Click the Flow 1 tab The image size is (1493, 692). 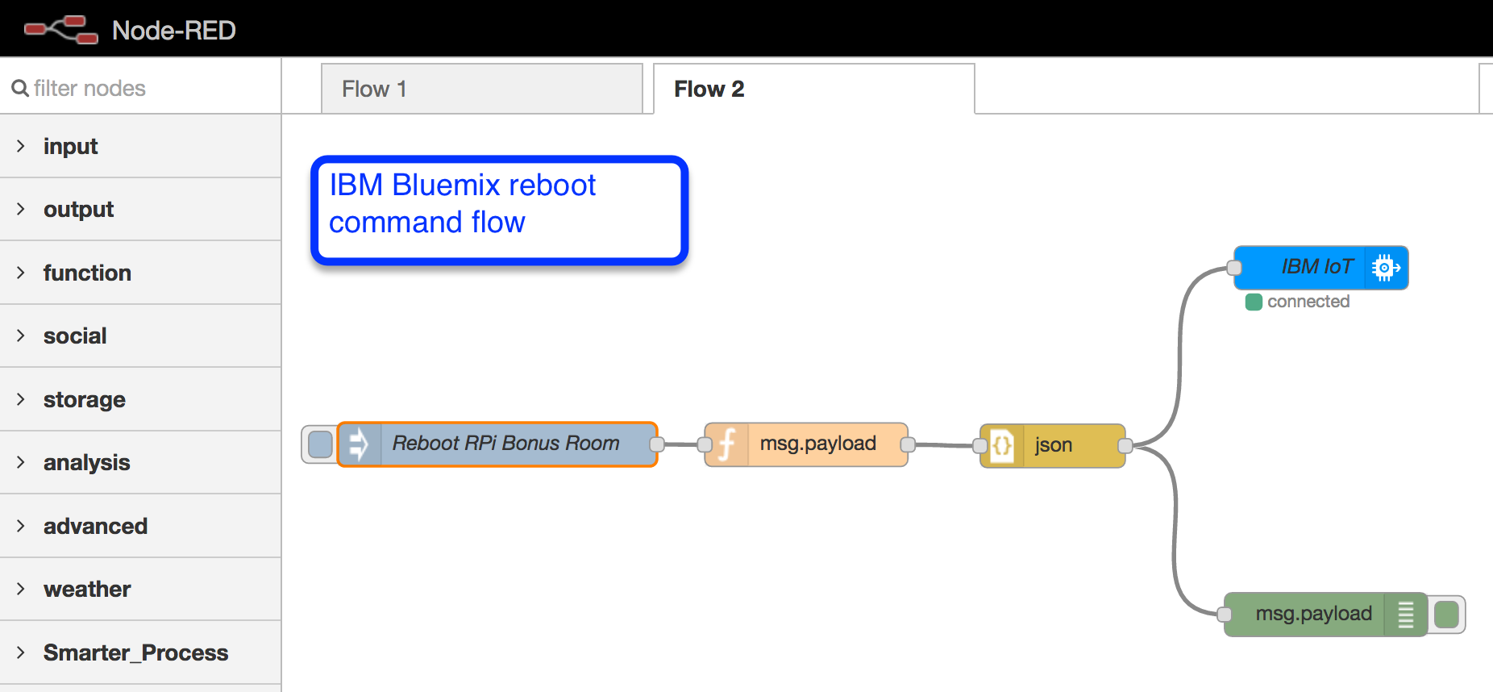[x=481, y=89]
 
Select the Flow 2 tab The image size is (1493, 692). [x=813, y=89]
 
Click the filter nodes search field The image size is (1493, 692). [x=145, y=88]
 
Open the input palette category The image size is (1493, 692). [x=71, y=146]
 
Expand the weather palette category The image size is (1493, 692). [x=87, y=589]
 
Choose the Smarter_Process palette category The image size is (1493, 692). [x=135, y=652]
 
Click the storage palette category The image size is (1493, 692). [x=85, y=399]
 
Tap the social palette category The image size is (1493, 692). [x=75, y=336]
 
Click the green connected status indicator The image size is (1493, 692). [x=1254, y=302]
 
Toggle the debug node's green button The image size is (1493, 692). [x=1447, y=615]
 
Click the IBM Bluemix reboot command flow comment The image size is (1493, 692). [x=499, y=210]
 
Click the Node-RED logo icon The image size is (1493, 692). [x=61, y=29]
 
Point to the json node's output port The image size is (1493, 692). [x=1125, y=445]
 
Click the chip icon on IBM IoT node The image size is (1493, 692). [x=1385, y=267]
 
